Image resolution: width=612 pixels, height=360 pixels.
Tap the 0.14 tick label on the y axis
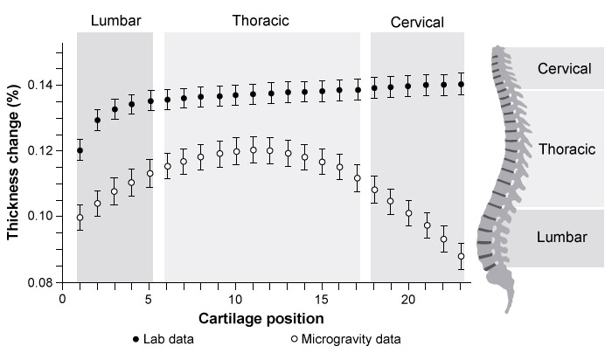tap(40, 85)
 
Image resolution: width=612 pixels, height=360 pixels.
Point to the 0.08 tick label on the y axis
tap(40, 283)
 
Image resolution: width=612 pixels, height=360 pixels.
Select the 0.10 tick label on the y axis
tap(40, 217)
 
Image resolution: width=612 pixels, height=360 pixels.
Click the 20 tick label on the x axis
tap(408, 299)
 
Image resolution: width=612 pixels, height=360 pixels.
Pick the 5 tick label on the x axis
tap(149, 299)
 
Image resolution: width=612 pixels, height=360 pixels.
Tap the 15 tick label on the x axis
tap(322, 299)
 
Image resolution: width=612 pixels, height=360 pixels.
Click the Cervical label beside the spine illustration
tap(567, 68)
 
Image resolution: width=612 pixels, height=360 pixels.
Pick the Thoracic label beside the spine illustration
tap(567, 149)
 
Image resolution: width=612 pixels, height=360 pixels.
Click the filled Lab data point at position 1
tap(80, 150)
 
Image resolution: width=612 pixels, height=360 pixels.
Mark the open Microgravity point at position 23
tap(461, 256)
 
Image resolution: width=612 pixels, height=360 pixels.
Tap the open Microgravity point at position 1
tap(80, 218)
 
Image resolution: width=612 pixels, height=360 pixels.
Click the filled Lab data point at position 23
tap(461, 85)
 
